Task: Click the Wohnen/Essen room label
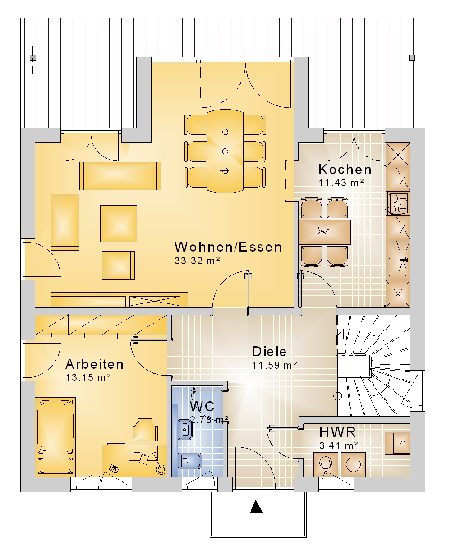point(228,247)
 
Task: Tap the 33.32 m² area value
point(197,261)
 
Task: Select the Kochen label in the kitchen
point(345,170)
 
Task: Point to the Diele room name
point(269,352)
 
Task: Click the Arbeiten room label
point(94,364)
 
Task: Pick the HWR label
point(337,432)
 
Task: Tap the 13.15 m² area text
point(88,377)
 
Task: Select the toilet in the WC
point(190,461)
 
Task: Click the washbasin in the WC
point(185,430)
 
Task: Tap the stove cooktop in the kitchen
point(398,203)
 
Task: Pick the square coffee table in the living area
point(119,224)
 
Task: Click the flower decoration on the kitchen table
point(322,232)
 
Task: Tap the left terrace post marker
point(32,58)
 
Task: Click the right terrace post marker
point(412,58)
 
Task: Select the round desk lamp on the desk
point(161,469)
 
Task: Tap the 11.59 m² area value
point(274,365)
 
